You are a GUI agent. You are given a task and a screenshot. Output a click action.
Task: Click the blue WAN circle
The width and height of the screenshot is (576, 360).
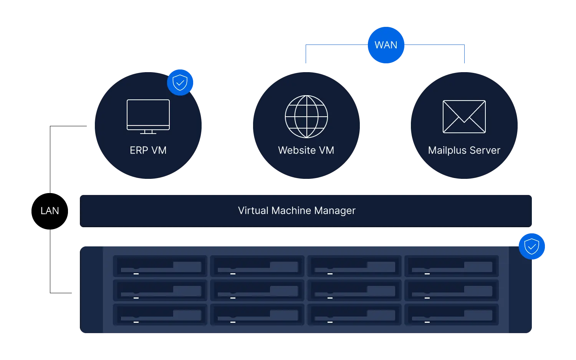(386, 45)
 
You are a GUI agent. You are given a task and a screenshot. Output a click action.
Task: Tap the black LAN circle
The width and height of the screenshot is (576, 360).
(50, 211)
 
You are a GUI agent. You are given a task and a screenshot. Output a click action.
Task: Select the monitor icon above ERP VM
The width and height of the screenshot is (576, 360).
(148, 117)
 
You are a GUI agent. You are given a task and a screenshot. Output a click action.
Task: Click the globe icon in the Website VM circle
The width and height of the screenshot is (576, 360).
(306, 117)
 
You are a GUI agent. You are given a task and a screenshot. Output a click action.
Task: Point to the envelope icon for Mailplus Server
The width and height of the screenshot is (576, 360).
(464, 117)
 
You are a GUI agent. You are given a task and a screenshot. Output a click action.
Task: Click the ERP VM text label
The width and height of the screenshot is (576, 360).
(148, 150)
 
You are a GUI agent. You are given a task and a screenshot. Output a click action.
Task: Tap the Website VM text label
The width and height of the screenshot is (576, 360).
(306, 150)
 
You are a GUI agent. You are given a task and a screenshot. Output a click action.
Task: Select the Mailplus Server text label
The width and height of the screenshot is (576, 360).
(464, 150)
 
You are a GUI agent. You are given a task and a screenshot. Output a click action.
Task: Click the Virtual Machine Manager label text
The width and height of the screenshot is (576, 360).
(297, 211)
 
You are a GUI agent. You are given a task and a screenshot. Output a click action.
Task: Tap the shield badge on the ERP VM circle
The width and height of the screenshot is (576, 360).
(180, 83)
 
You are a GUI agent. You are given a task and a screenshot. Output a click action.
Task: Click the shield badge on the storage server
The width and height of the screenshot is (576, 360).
(532, 246)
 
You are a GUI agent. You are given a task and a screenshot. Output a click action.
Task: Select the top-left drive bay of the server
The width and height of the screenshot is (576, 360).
(160, 266)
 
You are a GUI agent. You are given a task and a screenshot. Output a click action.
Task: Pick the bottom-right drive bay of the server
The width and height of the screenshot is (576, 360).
(452, 314)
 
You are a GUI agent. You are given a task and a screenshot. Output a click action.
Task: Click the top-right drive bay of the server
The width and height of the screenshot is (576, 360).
(452, 266)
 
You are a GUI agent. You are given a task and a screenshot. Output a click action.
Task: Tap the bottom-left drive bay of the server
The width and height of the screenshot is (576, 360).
(160, 314)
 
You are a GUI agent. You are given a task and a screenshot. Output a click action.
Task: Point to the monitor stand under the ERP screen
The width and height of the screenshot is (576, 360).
(148, 132)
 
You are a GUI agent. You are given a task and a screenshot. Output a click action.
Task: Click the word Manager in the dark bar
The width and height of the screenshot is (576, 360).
(335, 211)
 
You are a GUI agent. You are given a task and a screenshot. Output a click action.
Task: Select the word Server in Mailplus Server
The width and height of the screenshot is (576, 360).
(485, 150)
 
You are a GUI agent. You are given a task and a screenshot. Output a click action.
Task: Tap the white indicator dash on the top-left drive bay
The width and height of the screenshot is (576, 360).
(136, 274)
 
